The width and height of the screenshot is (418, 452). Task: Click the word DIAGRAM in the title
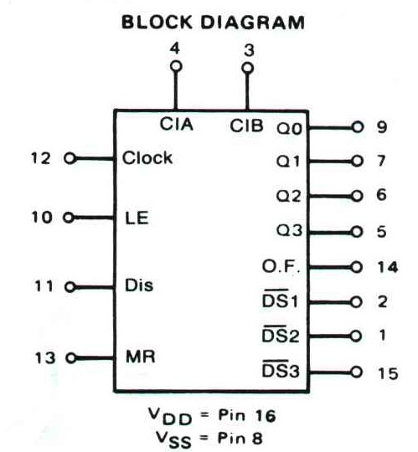click(x=252, y=23)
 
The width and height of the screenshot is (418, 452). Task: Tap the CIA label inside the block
click(x=176, y=124)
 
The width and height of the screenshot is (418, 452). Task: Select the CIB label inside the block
click(x=246, y=126)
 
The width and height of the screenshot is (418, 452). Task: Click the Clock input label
click(x=147, y=157)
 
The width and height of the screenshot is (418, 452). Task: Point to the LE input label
click(x=137, y=218)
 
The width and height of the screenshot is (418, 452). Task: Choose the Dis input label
click(x=139, y=285)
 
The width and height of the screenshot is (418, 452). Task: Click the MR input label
click(x=141, y=357)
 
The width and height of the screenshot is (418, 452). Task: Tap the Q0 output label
click(x=289, y=129)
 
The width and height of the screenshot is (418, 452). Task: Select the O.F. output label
click(x=281, y=266)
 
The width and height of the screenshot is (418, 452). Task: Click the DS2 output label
click(x=281, y=335)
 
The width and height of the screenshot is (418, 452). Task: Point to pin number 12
click(x=41, y=158)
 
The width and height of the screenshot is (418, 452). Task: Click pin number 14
click(x=388, y=267)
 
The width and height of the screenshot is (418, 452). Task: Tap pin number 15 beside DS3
click(x=388, y=373)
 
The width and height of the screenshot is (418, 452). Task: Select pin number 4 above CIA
click(x=175, y=49)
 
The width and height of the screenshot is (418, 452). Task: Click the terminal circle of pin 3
click(x=247, y=69)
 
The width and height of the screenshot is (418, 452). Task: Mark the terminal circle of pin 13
click(x=71, y=358)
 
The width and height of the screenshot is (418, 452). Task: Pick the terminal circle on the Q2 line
click(x=357, y=196)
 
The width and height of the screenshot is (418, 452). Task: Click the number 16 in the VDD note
click(x=266, y=416)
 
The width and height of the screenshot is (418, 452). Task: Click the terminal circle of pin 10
click(x=69, y=218)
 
